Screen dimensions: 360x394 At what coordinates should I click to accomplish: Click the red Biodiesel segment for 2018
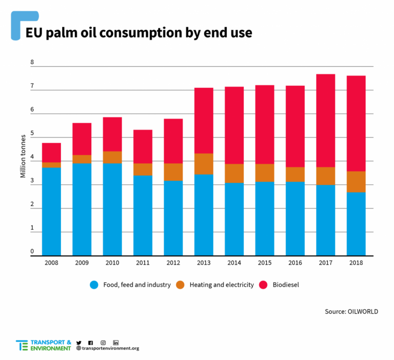356,123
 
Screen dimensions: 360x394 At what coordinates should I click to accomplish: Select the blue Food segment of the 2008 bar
51,211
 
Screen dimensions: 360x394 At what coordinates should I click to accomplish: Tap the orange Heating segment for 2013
204,164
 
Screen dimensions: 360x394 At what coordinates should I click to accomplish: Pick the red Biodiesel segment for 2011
143,146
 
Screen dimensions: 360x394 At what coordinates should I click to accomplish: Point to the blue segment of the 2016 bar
295,218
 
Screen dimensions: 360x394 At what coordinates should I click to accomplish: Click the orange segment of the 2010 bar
112,157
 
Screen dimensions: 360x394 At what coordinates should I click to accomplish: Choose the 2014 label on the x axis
234,262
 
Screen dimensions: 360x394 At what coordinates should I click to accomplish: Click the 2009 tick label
82,262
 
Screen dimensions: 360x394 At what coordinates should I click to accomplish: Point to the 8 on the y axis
32,63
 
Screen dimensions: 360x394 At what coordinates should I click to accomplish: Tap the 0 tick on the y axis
32,252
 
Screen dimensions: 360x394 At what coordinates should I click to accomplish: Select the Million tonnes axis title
23,156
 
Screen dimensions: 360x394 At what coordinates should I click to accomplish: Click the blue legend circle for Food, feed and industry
94,285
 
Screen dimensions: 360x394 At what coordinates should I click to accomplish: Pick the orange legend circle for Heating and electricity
180,285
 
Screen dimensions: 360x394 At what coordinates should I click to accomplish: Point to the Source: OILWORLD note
351,312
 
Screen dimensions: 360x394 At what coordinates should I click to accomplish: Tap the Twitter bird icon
79,342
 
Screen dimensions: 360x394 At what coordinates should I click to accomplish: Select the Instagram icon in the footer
103,342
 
